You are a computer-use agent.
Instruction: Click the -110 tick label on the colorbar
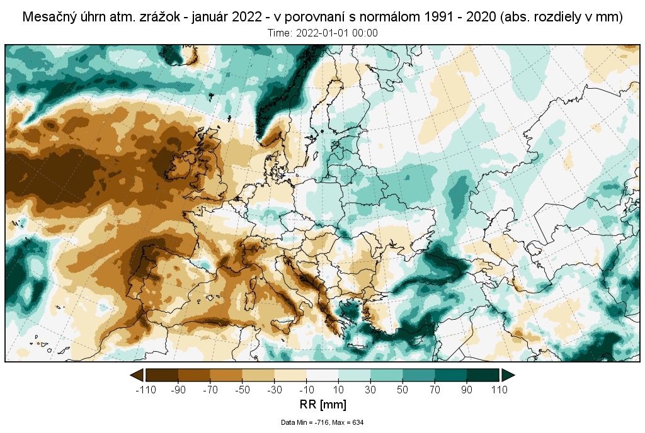point(146,390)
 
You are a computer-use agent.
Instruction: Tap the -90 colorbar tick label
point(178,390)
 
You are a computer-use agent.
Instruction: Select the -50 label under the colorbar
point(243,390)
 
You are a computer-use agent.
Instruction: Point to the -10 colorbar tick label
point(307,390)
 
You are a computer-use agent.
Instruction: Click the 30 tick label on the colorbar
point(370,390)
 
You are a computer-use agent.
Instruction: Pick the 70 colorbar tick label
point(435,390)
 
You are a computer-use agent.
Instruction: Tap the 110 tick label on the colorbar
point(499,390)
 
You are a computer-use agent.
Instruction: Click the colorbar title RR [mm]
point(322,403)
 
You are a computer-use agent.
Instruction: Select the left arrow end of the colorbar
point(136,376)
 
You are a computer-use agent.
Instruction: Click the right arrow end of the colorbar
point(508,376)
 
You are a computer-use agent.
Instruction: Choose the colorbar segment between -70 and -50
point(226,376)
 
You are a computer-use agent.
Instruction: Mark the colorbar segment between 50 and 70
point(419,376)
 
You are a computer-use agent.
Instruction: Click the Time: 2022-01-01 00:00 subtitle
point(322,33)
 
